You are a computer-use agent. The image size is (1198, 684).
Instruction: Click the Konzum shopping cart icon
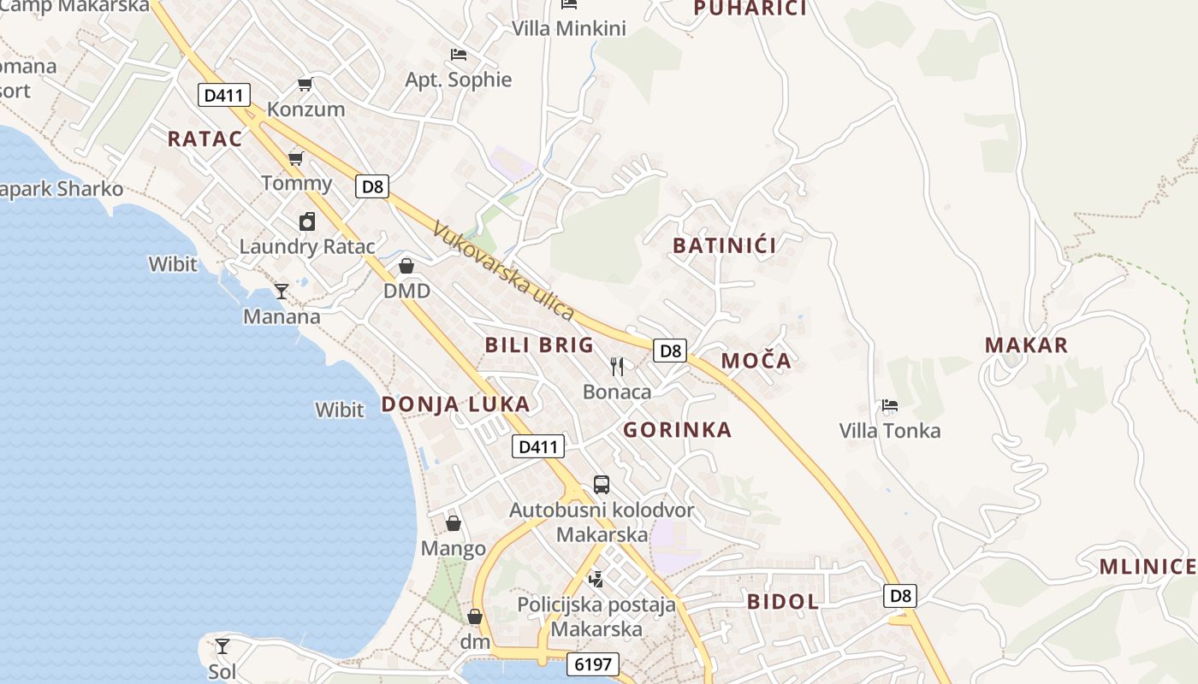click(305, 84)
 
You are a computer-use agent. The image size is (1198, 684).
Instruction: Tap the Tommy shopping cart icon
click(296, 158)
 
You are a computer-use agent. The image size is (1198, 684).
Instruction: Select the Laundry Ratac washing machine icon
click(307, 221)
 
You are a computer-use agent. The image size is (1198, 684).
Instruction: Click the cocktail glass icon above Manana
click(282, 292)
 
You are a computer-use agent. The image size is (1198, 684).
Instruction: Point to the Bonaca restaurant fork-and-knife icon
click(617, 367)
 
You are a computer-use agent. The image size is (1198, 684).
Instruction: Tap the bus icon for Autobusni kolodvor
click(602, 485)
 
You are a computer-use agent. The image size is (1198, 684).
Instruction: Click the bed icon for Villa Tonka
click(890, 405)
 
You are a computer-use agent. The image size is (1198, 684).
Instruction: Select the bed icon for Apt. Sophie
click(459, 55)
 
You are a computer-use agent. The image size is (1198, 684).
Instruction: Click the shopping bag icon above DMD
click(406, 266)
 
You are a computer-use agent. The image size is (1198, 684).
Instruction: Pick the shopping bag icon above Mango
click(454, 523)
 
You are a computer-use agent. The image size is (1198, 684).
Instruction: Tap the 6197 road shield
click(592, 664)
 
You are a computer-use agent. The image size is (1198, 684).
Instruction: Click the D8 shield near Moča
click(671, 350)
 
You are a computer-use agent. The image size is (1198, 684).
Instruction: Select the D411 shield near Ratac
click(224, 95)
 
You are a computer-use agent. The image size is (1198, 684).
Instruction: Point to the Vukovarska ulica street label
click(503, 270)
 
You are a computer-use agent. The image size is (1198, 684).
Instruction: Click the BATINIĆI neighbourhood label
click(725, 246)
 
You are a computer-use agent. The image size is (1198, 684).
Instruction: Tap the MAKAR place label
click(1027, 345)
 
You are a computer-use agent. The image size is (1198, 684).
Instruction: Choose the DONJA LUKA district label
click(455, 404)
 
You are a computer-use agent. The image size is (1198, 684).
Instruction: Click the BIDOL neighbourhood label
click(783, 601)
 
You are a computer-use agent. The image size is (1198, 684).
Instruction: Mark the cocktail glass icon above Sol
click(222, 646)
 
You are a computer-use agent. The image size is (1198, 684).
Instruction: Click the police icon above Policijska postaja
click(596, 580)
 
